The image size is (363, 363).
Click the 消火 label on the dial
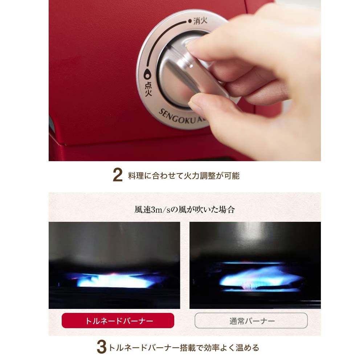(200, 21)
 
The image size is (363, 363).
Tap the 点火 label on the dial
(148, 89)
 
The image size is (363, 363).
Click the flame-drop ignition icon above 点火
(147, 74)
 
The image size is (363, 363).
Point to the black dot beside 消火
(190, 21)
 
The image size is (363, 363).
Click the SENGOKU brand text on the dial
(177, 117)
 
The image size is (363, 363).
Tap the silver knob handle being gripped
(197, 69)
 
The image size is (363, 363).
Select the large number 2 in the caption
(118, 175)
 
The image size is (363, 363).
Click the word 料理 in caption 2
(136, 176)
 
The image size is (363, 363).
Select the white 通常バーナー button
(251, 321)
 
